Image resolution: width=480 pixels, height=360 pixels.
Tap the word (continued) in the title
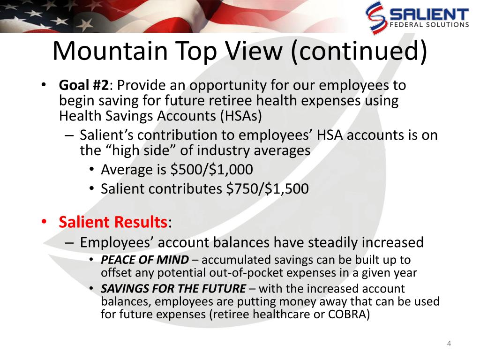(360, 52)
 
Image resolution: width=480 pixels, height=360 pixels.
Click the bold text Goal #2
(83, 85)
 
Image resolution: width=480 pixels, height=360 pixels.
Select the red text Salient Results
(113, 222)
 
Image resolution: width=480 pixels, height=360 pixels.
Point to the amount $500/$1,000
(211, 170)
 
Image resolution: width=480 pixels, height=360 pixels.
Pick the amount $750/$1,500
(267, 188)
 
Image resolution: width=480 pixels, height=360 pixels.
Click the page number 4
(449, 344)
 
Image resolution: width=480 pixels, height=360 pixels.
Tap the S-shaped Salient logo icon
(375, 17)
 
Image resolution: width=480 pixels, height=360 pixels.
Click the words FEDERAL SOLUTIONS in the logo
(429, 25)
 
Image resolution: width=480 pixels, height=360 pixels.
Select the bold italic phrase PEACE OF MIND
(145, 260)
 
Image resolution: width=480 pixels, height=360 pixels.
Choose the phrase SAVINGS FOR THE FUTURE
(173, 289)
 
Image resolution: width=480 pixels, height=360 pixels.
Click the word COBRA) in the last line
(349, 315)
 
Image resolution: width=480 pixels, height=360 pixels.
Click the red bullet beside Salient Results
(45, 221)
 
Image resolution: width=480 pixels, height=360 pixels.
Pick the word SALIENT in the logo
(429, 14)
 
